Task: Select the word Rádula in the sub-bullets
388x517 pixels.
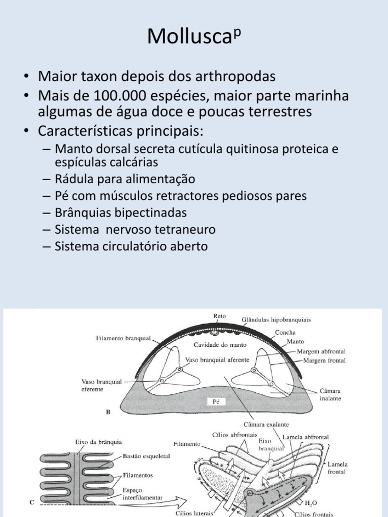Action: (76, 179)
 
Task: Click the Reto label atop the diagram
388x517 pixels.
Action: (220, 316)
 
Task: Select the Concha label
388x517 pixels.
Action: (285, 333)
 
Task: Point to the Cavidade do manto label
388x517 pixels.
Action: (213, 345)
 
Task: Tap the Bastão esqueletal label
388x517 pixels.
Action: (146, 456)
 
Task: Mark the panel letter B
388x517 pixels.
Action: (108, 411)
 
